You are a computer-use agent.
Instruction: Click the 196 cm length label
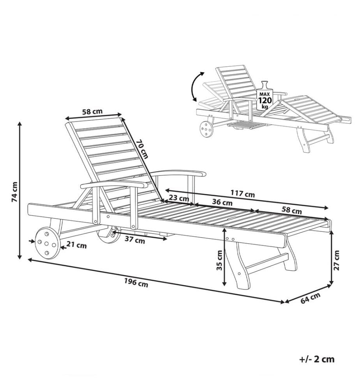point(136,282)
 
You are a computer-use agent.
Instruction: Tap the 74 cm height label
point(15,192)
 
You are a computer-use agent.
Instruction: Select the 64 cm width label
point(311,298)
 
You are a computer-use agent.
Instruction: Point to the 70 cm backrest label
point(142,149)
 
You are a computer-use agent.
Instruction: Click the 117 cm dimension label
point(242,193)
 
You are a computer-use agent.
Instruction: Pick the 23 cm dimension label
point(178,198)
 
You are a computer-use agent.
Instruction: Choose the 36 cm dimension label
point(222,202)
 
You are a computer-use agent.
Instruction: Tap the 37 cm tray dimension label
point(135,240)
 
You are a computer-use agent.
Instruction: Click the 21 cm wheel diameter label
point(77,245)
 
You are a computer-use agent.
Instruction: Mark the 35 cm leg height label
point(219,260)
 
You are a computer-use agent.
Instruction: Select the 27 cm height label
point(336,260)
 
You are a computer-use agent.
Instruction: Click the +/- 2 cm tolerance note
point(317,359)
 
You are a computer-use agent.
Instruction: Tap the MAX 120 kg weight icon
point(265,96)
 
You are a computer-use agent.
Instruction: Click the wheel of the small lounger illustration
point(206,129)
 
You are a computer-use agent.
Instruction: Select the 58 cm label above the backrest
point(92,112)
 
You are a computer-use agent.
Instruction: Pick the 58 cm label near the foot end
point(291,211)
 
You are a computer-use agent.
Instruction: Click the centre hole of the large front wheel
point(46,243)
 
